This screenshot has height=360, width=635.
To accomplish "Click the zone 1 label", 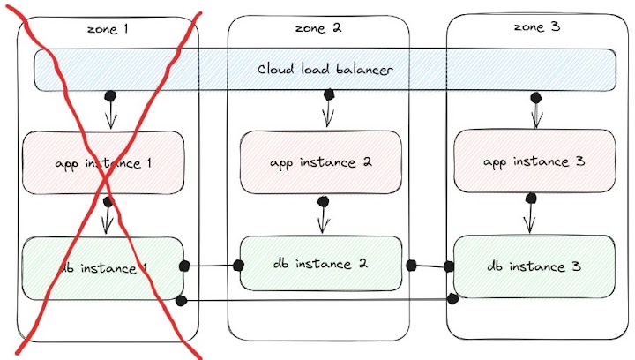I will [108, 28].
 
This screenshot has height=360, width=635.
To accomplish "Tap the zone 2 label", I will [319, 28].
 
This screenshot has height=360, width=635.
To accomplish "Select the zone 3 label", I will [536, 27].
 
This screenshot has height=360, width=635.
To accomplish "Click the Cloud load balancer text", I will [325, 69].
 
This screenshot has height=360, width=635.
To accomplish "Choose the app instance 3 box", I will [534, 161].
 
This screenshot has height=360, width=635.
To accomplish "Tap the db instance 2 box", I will [319, 263].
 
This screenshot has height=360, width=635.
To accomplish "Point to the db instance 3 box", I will [534, 266].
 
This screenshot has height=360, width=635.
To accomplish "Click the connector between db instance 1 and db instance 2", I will [212, 265].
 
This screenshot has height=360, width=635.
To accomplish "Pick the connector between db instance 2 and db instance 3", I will [430, 265].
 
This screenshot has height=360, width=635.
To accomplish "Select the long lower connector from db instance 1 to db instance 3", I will [317, 301].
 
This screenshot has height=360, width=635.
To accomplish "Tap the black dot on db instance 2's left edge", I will [238, 265].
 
